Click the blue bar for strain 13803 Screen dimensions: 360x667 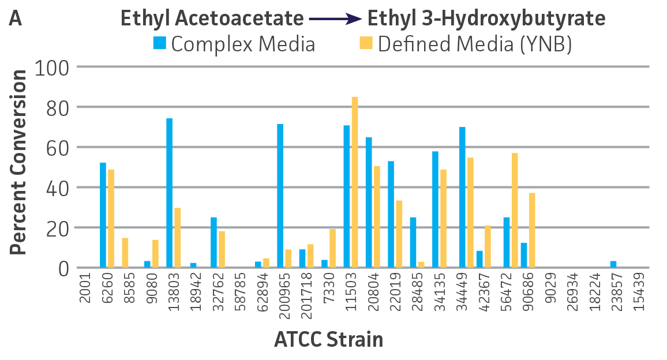point(170,193)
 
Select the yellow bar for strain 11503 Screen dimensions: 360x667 point(355,182)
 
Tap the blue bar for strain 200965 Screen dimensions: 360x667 point(280,196)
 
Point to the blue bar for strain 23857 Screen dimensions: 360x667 point(613,264)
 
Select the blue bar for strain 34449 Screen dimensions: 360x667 point(463,197)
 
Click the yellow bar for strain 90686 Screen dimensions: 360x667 point(532,230)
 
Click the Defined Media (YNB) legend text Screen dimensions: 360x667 point(475,44)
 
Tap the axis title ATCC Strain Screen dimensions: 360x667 point(328,339)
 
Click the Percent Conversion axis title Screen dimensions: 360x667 point(18,162)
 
